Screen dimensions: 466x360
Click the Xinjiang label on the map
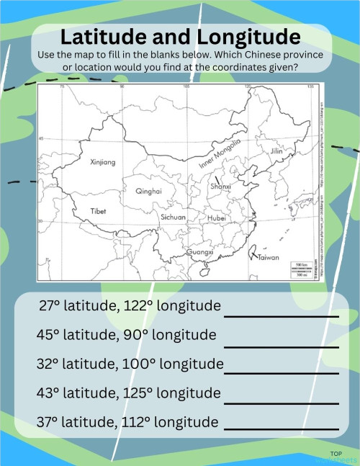(102, 163)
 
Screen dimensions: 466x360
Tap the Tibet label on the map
(99, 211)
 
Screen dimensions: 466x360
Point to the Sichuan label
(174, 216)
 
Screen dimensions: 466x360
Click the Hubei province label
(216, 217)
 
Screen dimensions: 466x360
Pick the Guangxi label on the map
(199, 253)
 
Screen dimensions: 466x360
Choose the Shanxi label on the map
(220, 187)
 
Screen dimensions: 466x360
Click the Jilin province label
(276, 152)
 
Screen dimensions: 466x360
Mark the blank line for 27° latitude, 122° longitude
(281, 315)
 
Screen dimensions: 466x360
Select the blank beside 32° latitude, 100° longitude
(281, 373)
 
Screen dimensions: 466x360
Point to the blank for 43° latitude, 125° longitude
(281, 402)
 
